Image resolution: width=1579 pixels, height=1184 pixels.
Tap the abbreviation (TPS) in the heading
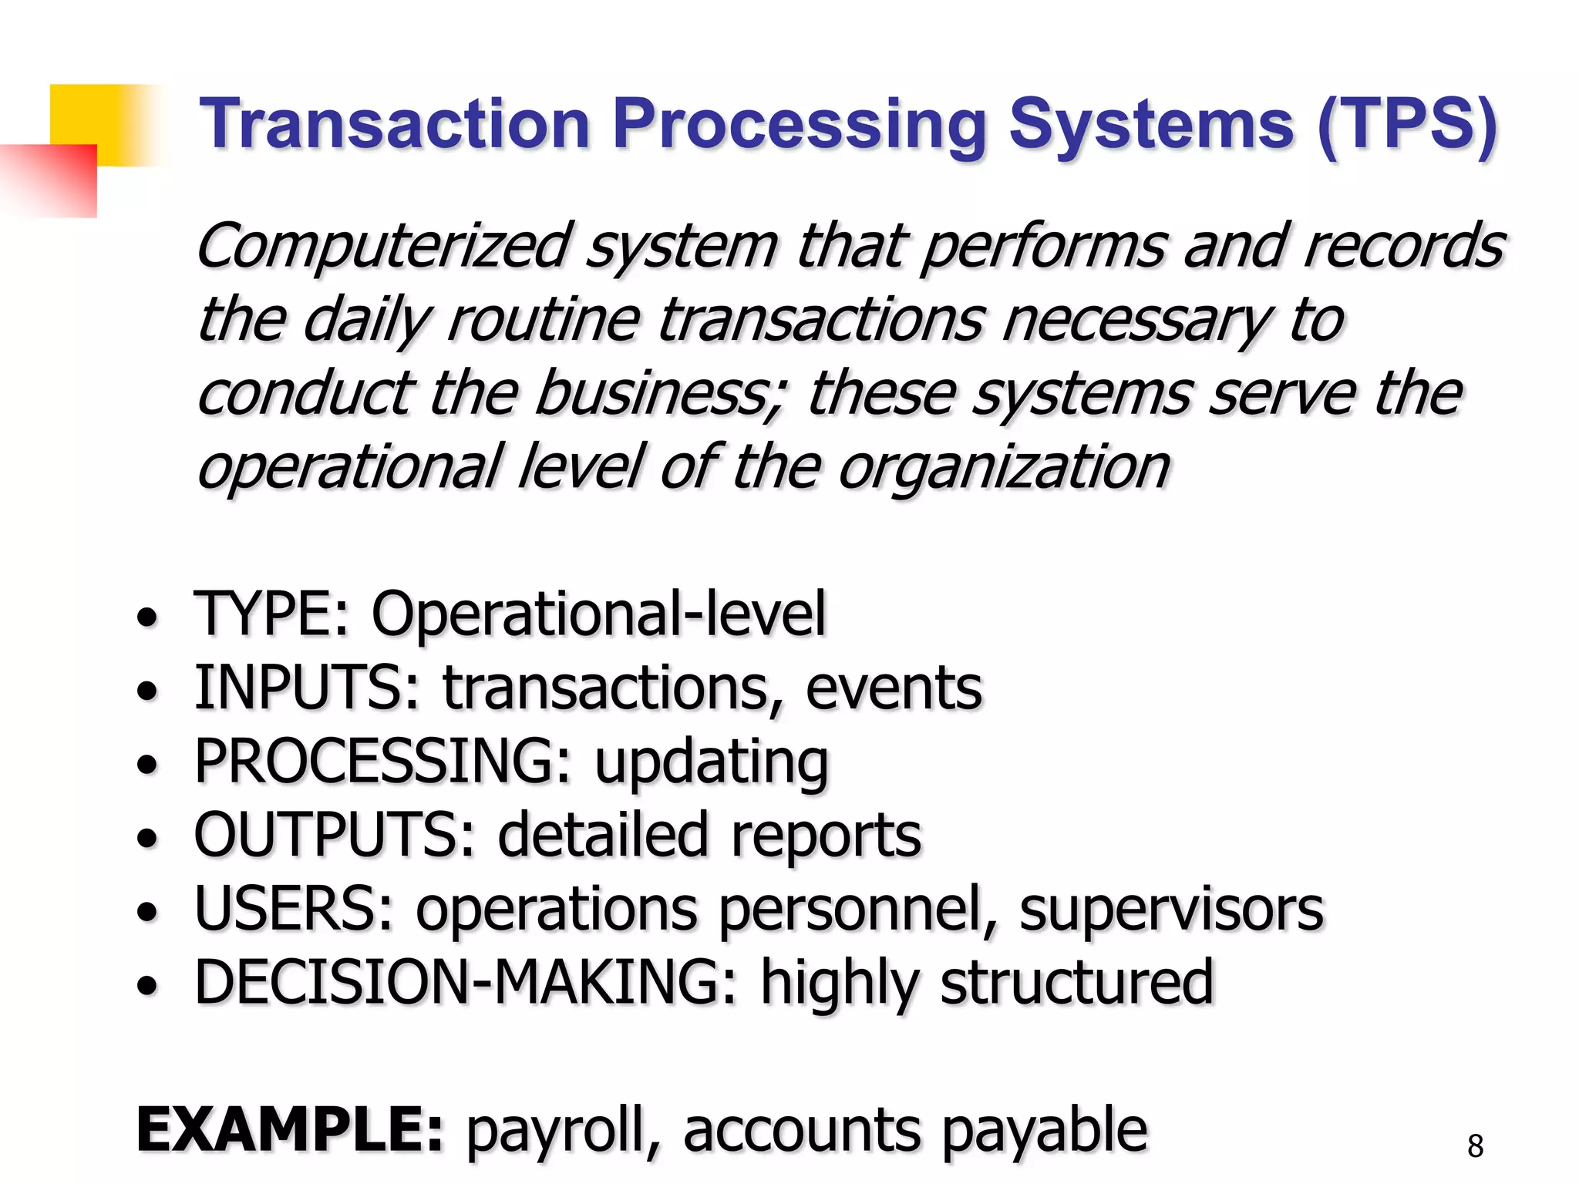tap(1408, 125)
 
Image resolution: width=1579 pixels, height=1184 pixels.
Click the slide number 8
tap(1475, 1146)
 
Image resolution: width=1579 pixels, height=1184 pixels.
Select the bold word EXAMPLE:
tap(290, 1130)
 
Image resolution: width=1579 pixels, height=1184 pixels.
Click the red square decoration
tap(54, 180)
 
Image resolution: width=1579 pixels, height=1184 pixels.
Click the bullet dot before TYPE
tap(146, 617)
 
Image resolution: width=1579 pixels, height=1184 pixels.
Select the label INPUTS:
tap(307, 688)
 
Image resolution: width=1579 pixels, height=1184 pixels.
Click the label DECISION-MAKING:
tap(466, 983)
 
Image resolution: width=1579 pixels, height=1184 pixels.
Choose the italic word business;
tap(660, 393)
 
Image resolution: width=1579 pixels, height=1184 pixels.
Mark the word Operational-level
tap(598, 614)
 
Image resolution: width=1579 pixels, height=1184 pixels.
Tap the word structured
tap(1077, 983)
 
